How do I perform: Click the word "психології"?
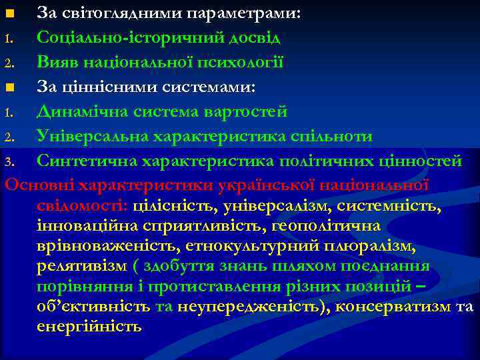click(x=246, y=63)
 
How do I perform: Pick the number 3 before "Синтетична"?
click(x=8, y=162)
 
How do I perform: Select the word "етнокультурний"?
click(x=244, y=247)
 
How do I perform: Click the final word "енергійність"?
click(x=90, y=327)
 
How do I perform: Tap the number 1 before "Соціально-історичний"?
click(x=8, y=39)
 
